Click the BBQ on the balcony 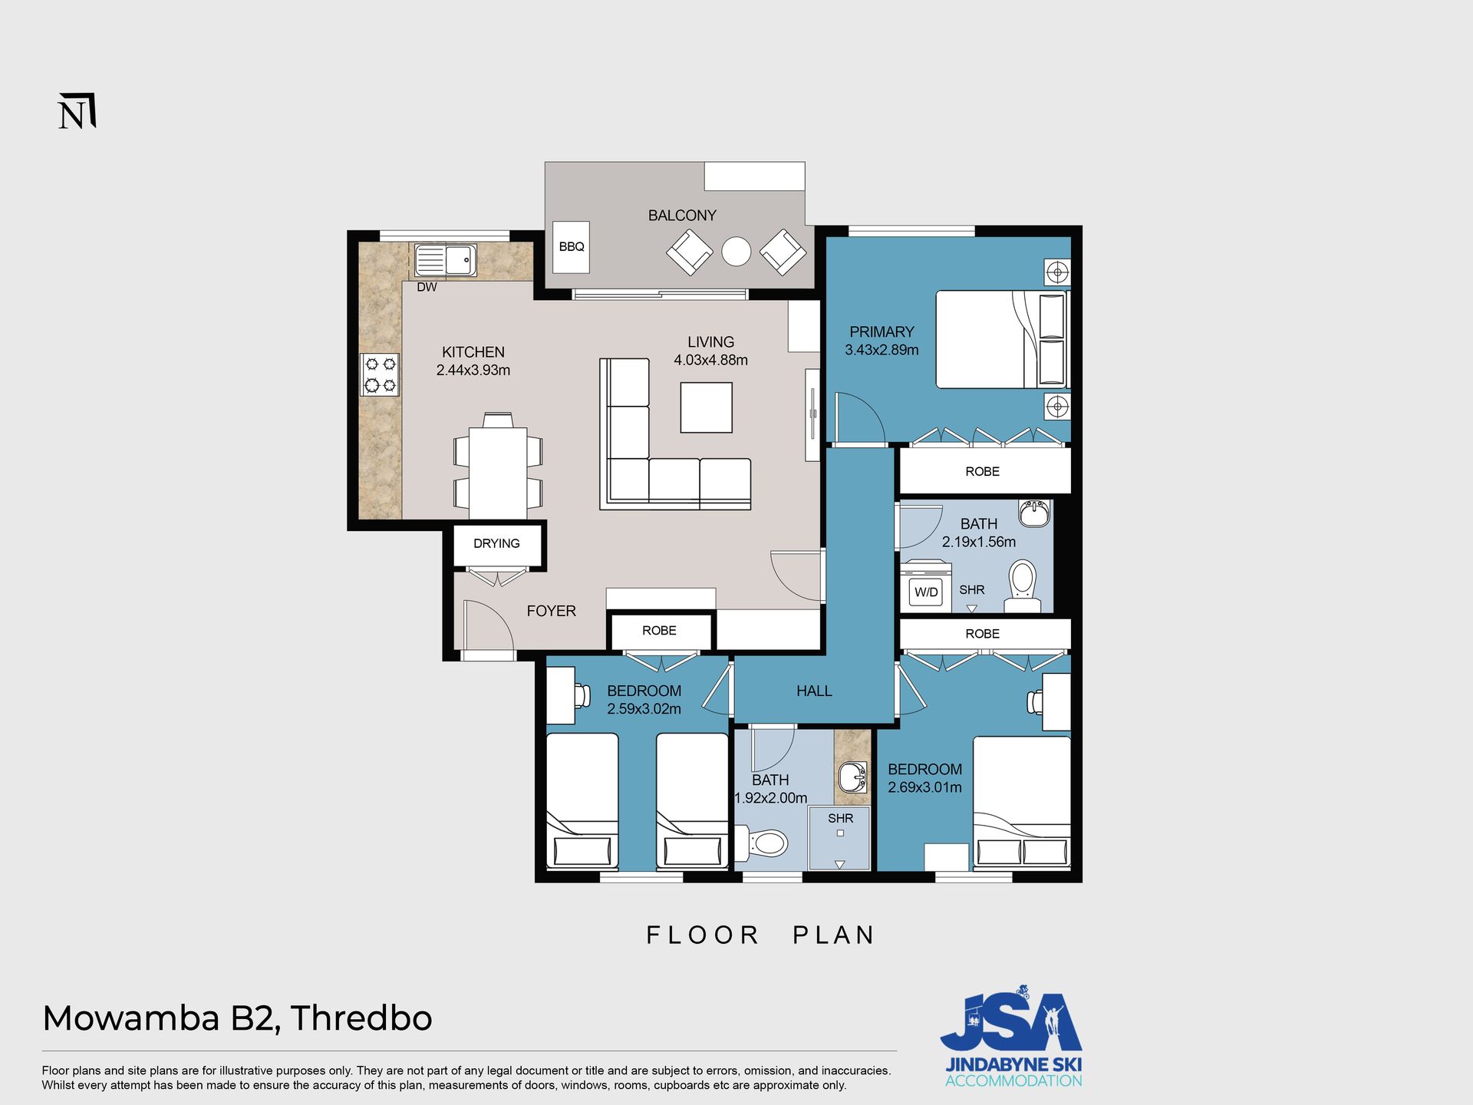571,247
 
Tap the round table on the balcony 736,251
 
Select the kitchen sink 445,260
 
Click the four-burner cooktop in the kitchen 380,374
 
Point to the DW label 427,287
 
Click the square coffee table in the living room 706,407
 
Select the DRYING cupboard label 496,543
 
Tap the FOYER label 551,611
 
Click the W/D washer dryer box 926,592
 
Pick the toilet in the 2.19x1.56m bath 1022,586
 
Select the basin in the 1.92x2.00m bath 852,777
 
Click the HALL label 814,691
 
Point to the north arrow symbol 77,112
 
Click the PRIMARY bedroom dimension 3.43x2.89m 881,350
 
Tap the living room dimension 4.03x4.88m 710,360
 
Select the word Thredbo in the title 361,1018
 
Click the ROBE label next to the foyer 659,631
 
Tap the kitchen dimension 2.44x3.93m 473,370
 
